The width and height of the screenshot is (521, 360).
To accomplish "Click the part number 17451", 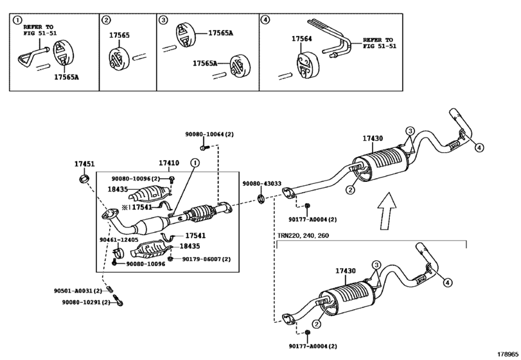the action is point(84,164).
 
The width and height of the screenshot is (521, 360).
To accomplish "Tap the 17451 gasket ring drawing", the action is point(84,178).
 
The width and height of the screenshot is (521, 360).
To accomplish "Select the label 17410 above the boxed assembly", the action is point(169,163).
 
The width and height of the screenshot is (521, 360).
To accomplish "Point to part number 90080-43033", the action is point(262,183).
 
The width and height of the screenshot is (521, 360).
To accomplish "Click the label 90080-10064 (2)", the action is point(209,134).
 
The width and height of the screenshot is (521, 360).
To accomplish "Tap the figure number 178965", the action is point(508,354).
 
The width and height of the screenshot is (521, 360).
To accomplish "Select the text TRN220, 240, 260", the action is point(303,236).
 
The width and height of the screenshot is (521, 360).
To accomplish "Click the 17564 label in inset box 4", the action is point(302,39).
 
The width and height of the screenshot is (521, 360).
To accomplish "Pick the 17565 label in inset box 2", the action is point(119,35).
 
